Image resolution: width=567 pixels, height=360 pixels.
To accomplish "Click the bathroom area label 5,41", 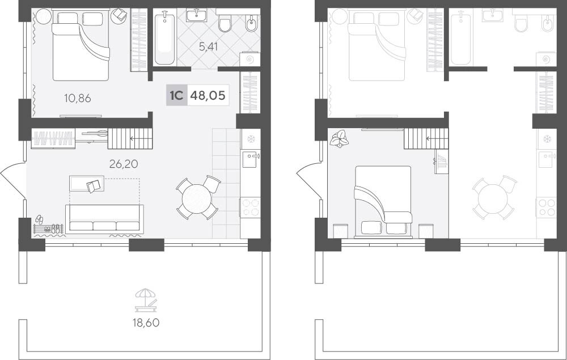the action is coord(208,46).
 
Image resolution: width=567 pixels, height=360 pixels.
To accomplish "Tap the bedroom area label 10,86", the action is coord(77,98).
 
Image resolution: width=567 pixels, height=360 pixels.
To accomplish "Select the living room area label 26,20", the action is coord(124,164).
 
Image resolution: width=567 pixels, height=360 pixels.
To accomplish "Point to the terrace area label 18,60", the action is coord(146,323).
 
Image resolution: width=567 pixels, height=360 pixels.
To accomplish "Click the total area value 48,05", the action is coord(208,95).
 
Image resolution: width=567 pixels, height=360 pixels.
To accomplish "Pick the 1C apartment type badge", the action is coord(176,95).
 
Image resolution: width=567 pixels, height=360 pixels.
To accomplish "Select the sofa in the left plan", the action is coord(104,219).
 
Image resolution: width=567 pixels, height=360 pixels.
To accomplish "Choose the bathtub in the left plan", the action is coord(164,37).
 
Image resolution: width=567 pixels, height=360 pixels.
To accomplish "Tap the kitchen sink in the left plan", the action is coord(251,159).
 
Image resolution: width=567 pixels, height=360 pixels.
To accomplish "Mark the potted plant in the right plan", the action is coord(340,139).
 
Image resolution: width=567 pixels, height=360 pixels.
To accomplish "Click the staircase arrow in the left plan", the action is coord(137,138).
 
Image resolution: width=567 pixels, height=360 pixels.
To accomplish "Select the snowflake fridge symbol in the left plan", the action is coord(251,139).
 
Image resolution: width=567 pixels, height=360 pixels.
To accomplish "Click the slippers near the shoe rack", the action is coord(40,219).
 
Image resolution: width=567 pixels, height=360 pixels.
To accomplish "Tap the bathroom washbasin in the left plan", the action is coord(196,15).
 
